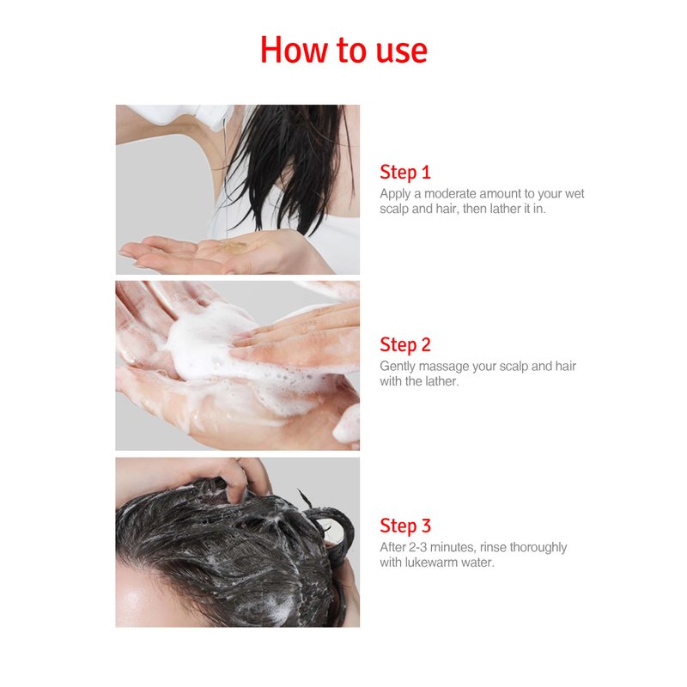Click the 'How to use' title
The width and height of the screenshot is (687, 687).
[x=343, y=50]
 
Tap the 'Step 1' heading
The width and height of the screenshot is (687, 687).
[x=405, y=173]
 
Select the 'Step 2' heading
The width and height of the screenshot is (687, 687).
[x=405, y=345]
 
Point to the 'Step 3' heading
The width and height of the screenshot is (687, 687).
[x=405, y=526]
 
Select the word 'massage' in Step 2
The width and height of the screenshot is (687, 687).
[x=443, y=367]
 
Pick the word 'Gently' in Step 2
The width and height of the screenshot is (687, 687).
[x=398, y=367]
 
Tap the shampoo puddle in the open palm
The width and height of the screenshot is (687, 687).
[x=231, y=246]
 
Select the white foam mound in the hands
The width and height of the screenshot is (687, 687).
[x=206, y=342]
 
